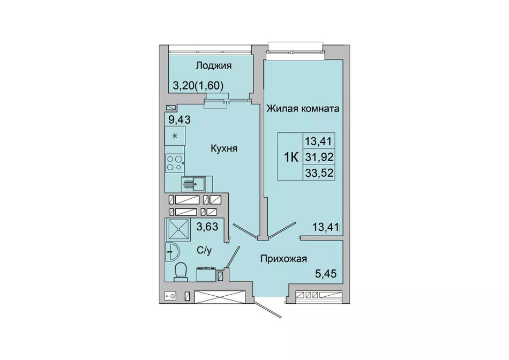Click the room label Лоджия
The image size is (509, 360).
[213, 65]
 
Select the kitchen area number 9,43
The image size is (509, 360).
[179, 119]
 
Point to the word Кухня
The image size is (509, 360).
[224, 148]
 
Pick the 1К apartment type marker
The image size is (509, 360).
[291, 157]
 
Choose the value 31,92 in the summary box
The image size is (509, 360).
[319, 157]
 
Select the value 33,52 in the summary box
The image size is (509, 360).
[319, 172]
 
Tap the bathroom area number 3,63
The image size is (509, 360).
[207, 226]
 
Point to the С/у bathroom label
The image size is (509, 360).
[204, 250]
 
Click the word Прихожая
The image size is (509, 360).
[284, 259]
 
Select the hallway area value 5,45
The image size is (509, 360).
[326, 274]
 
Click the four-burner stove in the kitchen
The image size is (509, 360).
[175, 163]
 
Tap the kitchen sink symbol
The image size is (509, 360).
[194, 184]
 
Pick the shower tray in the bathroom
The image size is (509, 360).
[177, 229]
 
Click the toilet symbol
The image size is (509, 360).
[181, 272]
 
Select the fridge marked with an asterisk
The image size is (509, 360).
[175, 136]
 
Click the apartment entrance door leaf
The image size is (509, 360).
[268, 310]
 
